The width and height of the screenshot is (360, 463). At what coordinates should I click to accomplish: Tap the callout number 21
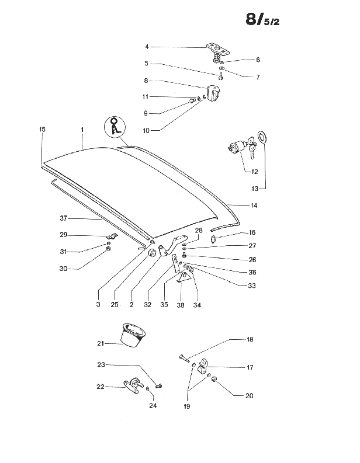pyautogui.click(x=101, y=344)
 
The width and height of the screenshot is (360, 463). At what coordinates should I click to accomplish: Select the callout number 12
pyautogui.click(x=254, y=172)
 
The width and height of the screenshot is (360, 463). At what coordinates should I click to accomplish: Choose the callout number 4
pyautogui.click(x=147, y=46)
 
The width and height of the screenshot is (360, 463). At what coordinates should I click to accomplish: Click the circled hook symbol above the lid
pyautogui.click(x=116, y=126)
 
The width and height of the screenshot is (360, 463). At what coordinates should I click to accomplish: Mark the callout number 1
pyautogui.click(x=82, y=128)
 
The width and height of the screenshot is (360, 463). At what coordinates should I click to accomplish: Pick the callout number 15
pyautogui.click(x=42, y=128)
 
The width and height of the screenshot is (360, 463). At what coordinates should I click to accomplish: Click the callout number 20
pyautogui.click(x=249, y=395)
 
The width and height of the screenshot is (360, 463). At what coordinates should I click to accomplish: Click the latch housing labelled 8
pyautogui.click(x=216, y=94)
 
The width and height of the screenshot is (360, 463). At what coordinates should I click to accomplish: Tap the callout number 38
pyautogui.click(x=180, y=305)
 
